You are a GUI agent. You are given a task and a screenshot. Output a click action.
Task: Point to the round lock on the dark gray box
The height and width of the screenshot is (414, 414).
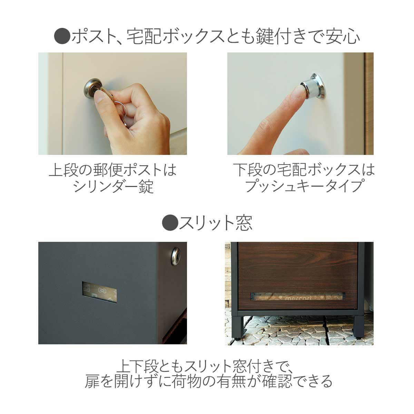176,256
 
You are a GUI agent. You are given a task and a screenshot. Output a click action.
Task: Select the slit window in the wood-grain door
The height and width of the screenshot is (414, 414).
298,296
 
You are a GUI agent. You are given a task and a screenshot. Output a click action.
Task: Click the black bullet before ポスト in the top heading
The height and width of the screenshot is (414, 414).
62,36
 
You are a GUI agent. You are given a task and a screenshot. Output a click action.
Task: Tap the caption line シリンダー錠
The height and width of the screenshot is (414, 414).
113,187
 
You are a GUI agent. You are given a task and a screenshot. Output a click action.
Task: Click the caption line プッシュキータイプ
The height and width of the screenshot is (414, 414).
304,187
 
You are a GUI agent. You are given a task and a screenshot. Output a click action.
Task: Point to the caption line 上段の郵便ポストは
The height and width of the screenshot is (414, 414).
113,170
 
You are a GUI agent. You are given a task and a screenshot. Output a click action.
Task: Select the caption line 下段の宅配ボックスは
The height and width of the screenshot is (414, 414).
304,170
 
